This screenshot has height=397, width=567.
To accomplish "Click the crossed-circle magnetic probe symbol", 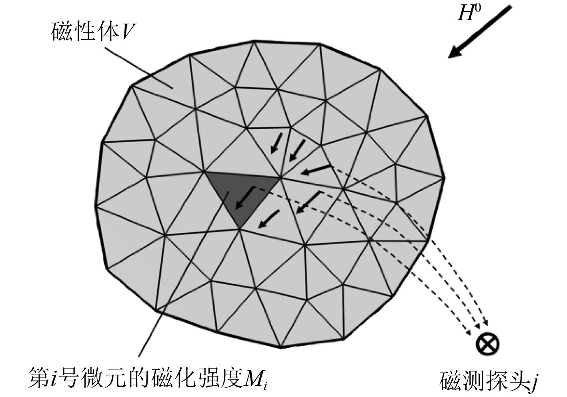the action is tap(488, 344).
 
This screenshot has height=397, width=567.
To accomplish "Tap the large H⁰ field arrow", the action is tap(479, 31).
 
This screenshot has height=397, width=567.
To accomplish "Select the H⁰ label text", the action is tap(468, 13).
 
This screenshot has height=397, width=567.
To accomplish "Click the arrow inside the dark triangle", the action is tap(245, 198).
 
